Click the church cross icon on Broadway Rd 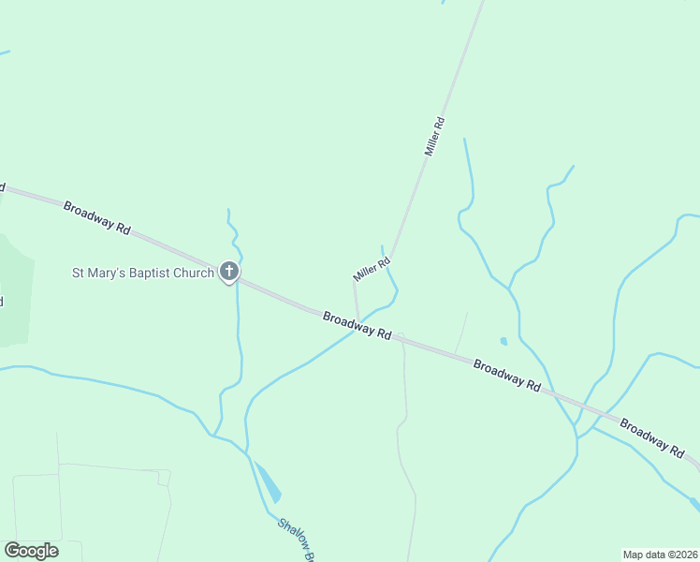228,273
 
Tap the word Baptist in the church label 144,274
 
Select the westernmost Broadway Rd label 97,216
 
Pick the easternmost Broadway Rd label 651,437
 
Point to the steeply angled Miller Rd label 433,136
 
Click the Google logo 31,550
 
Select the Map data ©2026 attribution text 659,555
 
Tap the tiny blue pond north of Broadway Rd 503,341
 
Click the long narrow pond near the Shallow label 269,482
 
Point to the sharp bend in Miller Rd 391,259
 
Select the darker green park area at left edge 15,290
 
